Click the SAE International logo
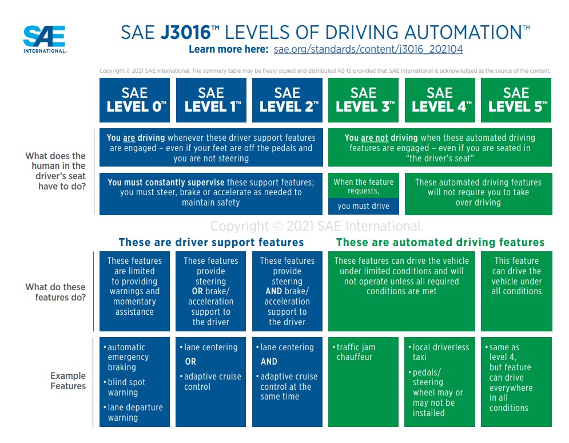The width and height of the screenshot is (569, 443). click(x=45, y=39)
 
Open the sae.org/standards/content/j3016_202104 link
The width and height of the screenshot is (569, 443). click(x=368, y=49)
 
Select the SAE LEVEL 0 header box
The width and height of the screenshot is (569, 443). click(x=135, y=100)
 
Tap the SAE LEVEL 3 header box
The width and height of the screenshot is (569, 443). click(x=364, y=100)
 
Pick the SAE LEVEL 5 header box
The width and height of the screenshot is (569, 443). click(x=516, y=100)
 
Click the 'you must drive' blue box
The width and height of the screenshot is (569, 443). click(x=363, y=206)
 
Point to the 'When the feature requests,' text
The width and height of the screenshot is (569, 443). click(x=363, y=186)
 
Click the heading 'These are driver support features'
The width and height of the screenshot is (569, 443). click(x=211, y=242)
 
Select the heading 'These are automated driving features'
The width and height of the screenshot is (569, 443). click(x=440, y=242)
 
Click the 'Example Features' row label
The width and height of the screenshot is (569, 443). click(x=67, y=381)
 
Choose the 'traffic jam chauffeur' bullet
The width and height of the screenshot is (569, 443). click(x=355, y=352)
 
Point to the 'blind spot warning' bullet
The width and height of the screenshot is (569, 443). click(x=126, y=387)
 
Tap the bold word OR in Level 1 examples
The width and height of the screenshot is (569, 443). click(x=190, y=362)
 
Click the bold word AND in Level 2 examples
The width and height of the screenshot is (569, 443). click(x=269, y=362)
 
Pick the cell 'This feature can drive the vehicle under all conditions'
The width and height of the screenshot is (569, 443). click(x=516, y=276)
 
